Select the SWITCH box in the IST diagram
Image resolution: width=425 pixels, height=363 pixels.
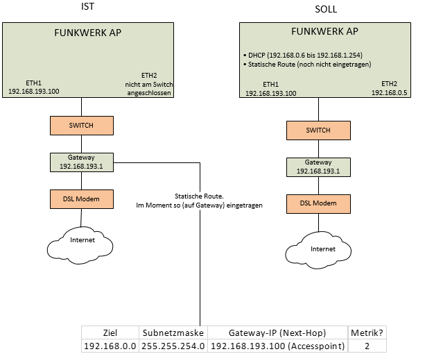(x=82, y=126)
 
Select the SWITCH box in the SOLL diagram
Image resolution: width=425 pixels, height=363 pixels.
(x=318, y=130)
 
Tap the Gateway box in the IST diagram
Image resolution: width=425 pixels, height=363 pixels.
(x=82, y=162)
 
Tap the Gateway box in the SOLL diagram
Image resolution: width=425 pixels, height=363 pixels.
(x=318, y=167)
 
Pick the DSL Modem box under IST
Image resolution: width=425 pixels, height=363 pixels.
(x=82, y=199)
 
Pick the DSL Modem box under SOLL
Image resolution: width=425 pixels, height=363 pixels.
(x=318, y=203)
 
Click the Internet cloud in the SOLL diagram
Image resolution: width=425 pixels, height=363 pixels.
(x=322, y=248)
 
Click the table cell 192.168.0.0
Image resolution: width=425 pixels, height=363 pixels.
(x=110, y=345)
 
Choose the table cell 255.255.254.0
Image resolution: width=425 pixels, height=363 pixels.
(x=173, y=345)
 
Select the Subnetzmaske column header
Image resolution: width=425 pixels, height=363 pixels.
(x=173, y=332)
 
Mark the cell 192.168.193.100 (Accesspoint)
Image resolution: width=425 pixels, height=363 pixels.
(x=277, y=345)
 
